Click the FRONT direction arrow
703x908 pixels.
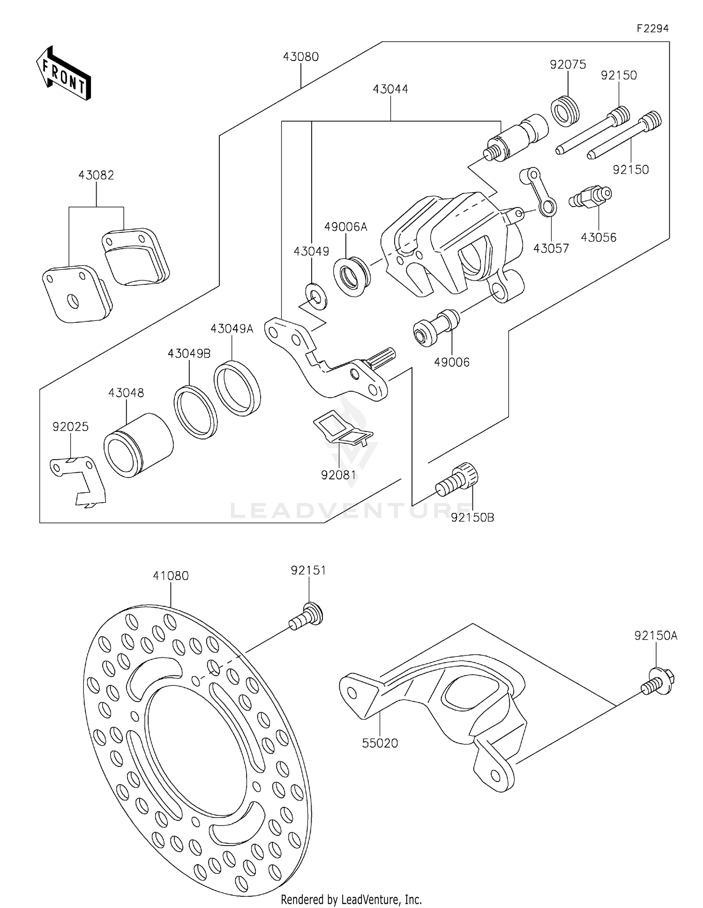pos(63,74)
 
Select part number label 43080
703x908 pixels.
pos(300,57)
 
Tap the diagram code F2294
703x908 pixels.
pos(652,29)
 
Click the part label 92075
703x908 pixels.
pos(568,65)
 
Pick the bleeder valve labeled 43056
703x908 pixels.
pos(591,197)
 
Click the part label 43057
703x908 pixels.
pos(551,248)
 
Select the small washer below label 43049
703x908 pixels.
pos(316,296)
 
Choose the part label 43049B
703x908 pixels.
pos(189,354)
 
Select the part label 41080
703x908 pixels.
pos(171,576)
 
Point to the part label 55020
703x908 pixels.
pos(380,743)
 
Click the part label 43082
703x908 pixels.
pos(96,175)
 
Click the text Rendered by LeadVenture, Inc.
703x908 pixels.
pos(351,899)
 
